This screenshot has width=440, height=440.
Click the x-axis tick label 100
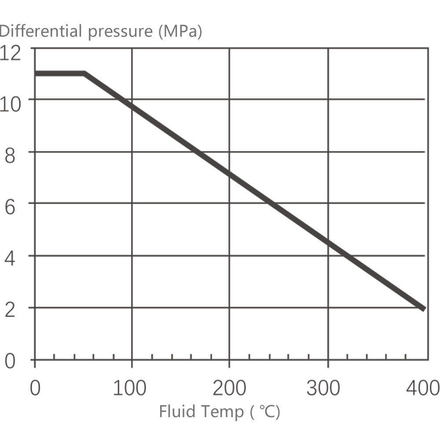point(130,389)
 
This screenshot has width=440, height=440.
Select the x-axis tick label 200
point(229,389)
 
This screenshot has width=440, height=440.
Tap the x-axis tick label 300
point(327,389)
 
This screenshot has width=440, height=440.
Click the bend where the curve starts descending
point(84,73)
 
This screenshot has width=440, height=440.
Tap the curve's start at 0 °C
point(36,73)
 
